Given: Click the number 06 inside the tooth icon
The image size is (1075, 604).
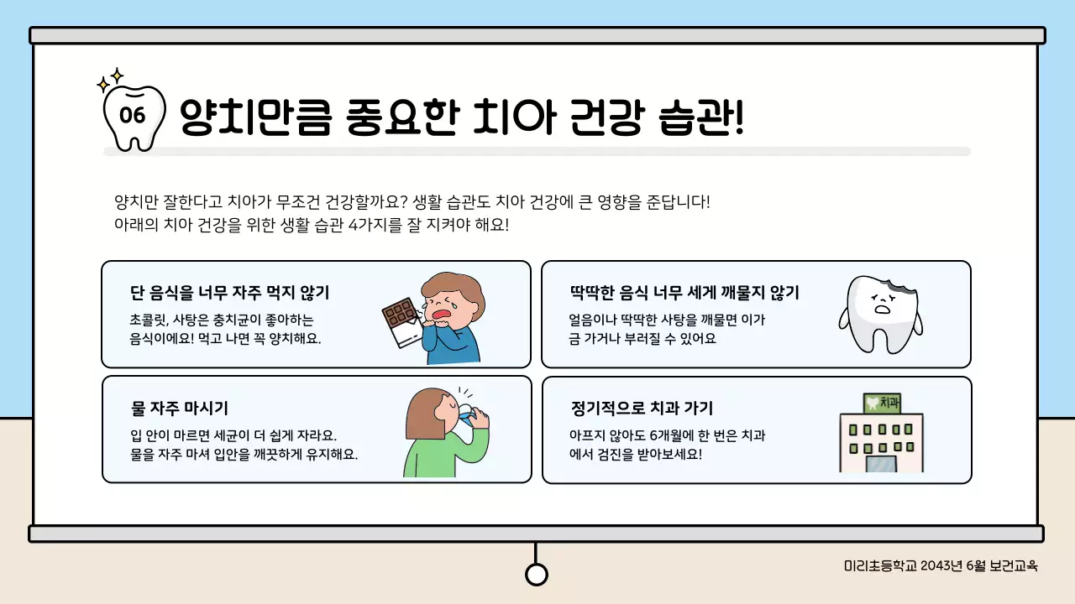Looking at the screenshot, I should (x=134, y=116).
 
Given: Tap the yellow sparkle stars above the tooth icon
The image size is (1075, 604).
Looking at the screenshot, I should (x=110, y=80).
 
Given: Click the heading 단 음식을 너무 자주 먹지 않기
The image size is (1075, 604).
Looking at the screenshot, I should (x=229, y=293).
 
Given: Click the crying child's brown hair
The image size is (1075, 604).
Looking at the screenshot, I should (x=457, y=289).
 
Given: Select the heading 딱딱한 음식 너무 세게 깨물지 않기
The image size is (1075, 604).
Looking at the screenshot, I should (x=684, y=293).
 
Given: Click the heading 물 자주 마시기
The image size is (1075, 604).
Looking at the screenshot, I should (x=180, y=409).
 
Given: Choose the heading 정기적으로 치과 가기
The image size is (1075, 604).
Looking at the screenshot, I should (x=642, y=409).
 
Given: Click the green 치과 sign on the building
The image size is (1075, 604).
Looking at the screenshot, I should (x=882, y=404).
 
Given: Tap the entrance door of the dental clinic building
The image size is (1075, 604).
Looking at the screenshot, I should (x=881, y=463).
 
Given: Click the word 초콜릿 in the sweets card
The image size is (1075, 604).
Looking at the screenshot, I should (x=149, y=320).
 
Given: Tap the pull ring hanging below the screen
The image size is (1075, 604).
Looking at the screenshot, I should (x=536, y=574).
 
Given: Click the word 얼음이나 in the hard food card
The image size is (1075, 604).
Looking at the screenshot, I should (x=591, y=320).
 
